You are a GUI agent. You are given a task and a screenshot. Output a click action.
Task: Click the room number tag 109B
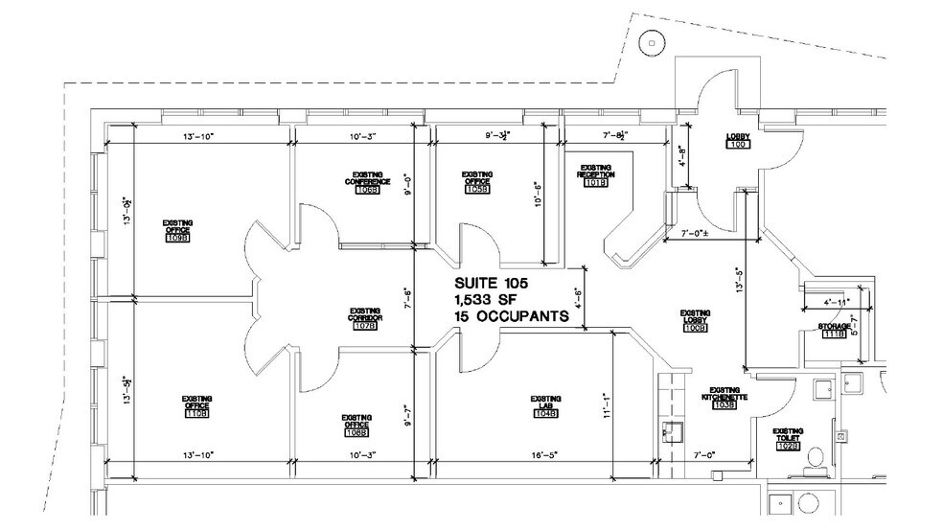[177, 238]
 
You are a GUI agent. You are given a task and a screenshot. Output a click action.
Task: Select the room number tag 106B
[367, 190]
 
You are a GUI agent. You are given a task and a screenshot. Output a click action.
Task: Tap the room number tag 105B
[478, 190]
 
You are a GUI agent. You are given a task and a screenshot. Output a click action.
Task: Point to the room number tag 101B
[596, 183]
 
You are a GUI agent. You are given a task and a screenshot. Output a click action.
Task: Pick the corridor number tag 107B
[364, 326]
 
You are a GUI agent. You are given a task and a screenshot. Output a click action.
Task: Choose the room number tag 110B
[197, 414]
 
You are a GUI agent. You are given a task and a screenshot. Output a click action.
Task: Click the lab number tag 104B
[546, 414]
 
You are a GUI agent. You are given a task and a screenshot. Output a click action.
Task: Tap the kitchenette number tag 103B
[724, 406]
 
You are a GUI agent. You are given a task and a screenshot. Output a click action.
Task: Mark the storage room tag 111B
[834, 334]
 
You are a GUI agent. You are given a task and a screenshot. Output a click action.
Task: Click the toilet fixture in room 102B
[816, 456]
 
